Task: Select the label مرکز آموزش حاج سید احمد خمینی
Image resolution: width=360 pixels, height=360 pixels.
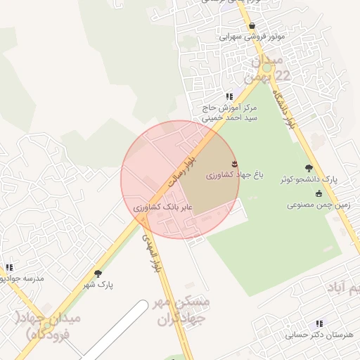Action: point(230,113)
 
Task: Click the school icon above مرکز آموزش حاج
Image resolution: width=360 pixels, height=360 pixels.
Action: point(229,96)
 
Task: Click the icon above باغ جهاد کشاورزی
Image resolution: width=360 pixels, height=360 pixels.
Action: point(234,164)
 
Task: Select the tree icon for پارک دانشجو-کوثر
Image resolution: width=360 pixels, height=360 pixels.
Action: point(309,168)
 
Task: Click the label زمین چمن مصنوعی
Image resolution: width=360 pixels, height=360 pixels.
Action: point(314,205)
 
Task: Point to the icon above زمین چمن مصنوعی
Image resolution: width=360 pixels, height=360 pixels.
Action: point(319,193)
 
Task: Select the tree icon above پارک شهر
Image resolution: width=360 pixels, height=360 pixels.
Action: point(97,274)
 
